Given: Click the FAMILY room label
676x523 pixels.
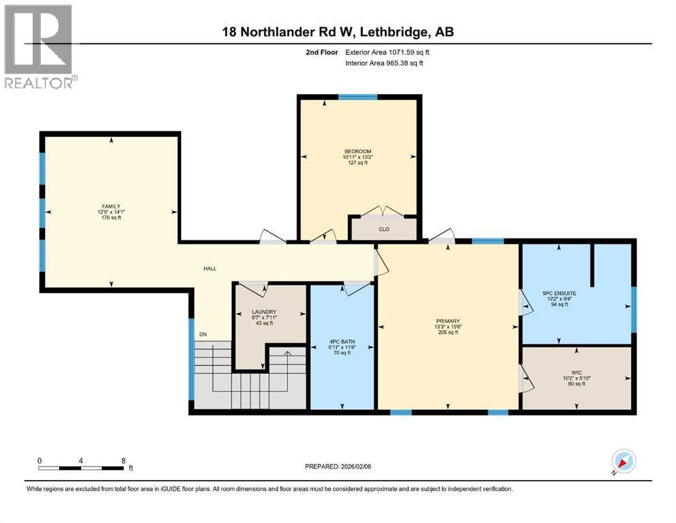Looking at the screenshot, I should click(x=111, y=206).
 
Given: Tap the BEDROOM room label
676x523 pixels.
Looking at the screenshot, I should click(x=357, y=151).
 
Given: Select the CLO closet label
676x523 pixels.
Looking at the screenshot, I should click(x=384, y=229).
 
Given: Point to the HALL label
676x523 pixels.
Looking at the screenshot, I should click(x=210, y=268).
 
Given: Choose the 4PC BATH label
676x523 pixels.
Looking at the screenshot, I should click(x=342, y=341).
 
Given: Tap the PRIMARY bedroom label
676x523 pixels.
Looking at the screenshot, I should click(x=448, y=321).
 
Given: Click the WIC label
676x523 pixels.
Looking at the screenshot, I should click(x=577, y=372).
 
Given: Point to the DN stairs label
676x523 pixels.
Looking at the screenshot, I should click(x=203, y=334).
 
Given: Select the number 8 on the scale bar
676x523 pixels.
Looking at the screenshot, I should click(x=123, y=460).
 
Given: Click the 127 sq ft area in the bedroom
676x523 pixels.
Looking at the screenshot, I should click(x=357, y=163).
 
